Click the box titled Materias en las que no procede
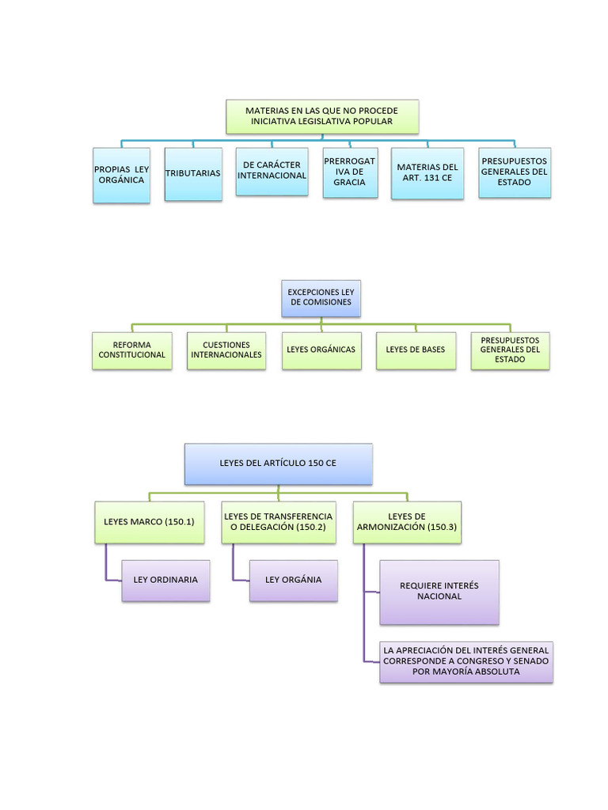(x=321, y=116)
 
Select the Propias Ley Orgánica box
(x=121, y=175)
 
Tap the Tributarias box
(x=193, y=173)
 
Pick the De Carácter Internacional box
(x=272, y=170)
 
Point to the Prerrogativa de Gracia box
(x=349, y=172)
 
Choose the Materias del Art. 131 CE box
(x=427, y=173)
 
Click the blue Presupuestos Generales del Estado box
(x=515, y=172)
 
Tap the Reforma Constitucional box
(x=132, y=350)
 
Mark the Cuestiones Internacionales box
(x=226, y=350)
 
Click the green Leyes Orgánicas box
(x=321, y=350)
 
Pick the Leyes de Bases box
(x=416, y=350)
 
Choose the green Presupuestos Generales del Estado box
(x=510, y=350)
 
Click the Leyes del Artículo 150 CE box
(x=278, y=464)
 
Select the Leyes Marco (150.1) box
(x=150, y=522)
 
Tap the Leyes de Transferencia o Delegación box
(x=278, y=522)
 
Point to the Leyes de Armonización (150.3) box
(x=407, y=522)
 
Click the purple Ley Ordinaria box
(x=166, y=580)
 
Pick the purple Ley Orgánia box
(x=294, y=580)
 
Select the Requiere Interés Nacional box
(x=439, y=592)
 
